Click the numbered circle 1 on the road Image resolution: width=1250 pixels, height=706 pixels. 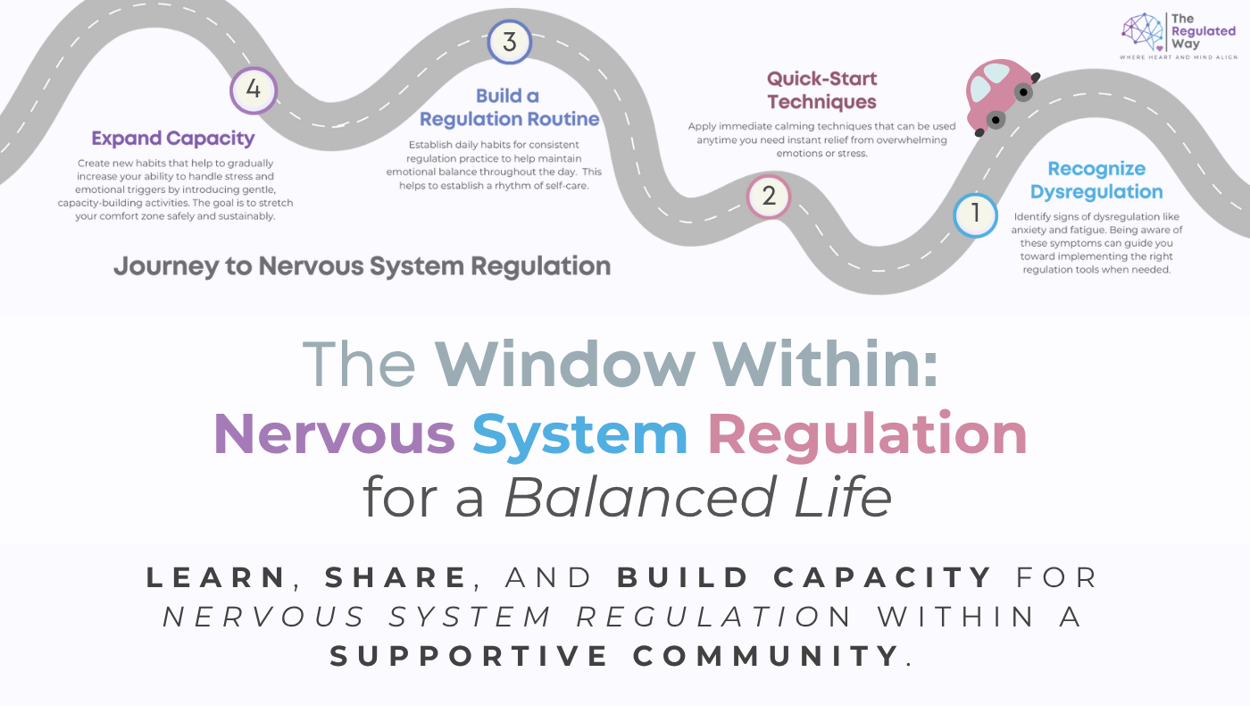coord(975,214)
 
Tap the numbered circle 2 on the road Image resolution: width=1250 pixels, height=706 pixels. coord(769,196)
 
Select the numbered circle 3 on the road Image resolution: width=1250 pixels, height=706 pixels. coord(509,42)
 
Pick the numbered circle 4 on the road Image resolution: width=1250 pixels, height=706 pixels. coord(254,90)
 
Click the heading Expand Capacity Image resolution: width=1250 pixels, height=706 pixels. coord(173,139)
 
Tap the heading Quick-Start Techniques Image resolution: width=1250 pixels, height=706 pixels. coord(821,90)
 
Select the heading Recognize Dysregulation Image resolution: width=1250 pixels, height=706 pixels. coord(1096,180)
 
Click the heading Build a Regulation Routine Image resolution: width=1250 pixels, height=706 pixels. coord(509,107)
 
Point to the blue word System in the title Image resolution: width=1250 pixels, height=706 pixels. coord(579,434)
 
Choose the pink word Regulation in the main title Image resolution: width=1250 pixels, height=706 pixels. coord(866,434)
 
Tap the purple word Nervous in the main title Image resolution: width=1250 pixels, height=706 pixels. coord(334,434)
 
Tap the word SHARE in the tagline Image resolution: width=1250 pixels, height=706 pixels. coord(396,577)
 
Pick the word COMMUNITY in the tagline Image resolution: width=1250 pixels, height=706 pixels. coord(765,656)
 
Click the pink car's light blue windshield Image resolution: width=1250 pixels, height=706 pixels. coord(980,88)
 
